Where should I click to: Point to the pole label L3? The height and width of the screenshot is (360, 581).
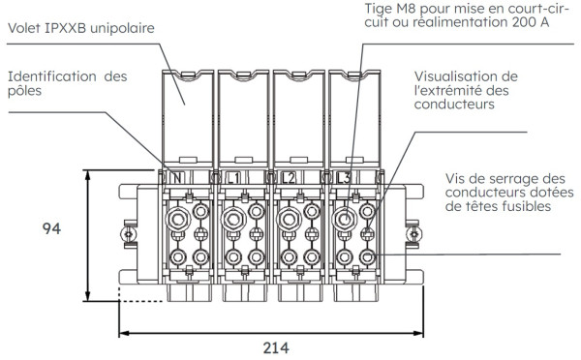[345, 178]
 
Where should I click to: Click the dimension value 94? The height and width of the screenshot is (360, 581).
[55, 229]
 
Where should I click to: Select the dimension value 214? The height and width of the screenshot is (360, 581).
[273, 345]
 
